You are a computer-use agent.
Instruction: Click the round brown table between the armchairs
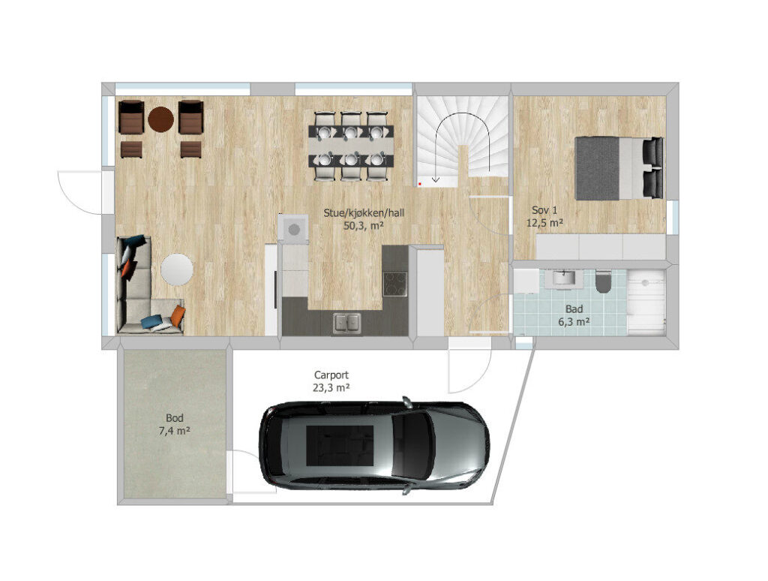point(160,119)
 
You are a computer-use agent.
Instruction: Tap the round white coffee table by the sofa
point(177,269)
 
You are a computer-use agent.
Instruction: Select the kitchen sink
point(346,323)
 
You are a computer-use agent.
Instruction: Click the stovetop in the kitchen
point(394,284)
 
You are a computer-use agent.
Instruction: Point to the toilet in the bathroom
point(604,282)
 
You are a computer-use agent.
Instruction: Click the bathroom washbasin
point(564,278)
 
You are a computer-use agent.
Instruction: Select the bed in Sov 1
point(619,168)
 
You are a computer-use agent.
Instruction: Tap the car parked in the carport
point(373,445)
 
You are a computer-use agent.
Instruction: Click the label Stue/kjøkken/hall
point(364,213)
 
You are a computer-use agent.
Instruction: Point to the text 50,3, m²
point(364,226)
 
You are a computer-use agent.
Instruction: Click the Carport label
point(331,375)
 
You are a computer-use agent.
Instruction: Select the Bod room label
point(174,418)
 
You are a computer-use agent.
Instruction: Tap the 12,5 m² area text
point(544,223)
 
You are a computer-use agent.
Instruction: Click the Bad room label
point(574,309)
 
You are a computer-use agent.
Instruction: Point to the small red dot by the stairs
point(420,184)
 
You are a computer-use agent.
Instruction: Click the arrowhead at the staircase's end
point(436,179)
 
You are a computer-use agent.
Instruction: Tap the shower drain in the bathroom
point(645,283)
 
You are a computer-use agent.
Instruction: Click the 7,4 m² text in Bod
point(174,431)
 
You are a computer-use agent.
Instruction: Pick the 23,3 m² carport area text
point(331,388)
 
